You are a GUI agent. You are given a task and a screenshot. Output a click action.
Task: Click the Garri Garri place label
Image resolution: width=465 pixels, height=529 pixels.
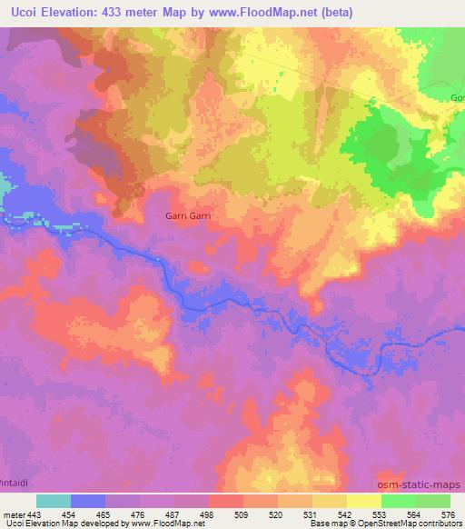[189, 216]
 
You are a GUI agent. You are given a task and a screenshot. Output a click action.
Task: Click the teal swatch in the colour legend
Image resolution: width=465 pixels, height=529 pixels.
[54, 501]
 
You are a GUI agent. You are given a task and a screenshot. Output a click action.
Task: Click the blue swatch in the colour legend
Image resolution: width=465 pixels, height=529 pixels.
[88, 501]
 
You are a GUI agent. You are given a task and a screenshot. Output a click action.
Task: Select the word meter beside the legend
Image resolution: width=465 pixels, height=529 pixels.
[13, 515]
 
